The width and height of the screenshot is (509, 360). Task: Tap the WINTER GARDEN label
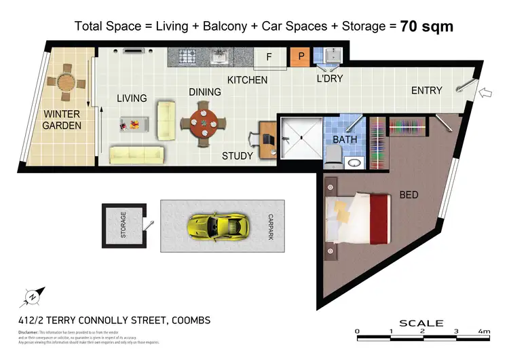62,120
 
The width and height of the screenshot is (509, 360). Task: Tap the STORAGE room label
124,226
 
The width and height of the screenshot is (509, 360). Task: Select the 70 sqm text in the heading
426,26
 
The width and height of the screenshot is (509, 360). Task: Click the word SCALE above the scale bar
421,323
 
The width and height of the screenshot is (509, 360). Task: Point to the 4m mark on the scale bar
484,331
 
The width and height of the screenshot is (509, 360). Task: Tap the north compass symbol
33,297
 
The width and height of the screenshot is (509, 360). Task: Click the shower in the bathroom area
299,139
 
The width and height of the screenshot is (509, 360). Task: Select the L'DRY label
331,79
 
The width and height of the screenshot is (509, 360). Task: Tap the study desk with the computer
267,139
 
